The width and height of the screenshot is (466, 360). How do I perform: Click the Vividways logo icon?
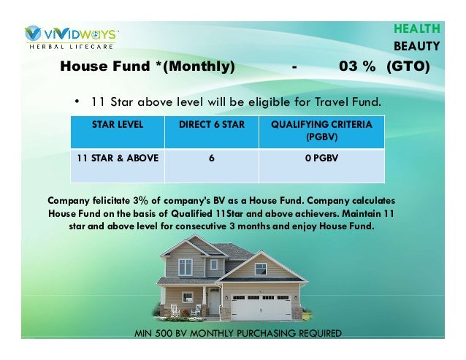(x=34, y=34)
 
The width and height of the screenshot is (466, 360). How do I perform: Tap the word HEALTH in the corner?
(x=417, y=29)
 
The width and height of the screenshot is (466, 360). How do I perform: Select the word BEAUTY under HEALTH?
(x=417, y=47)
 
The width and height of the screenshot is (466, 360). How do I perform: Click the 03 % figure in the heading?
(x=357, y=67)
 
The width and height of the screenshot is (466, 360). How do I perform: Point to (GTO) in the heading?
(x=408, y=67)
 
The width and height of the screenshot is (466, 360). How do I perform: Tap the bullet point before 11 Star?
(x=77, y=101)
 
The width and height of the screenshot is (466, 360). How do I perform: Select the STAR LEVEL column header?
(x=118, y=125)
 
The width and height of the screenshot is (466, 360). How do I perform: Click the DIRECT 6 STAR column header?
(x=212, y=125)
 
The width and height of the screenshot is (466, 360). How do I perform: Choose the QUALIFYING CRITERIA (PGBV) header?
(x=321, y=131)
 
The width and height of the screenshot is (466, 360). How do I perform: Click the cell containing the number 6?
(x=212, y=157)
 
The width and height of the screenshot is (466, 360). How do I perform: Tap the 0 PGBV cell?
(x=321, y=157)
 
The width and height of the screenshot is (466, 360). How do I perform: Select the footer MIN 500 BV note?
(x=238, y=333)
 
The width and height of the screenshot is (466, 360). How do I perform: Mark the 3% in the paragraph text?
(x=141, y=199)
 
